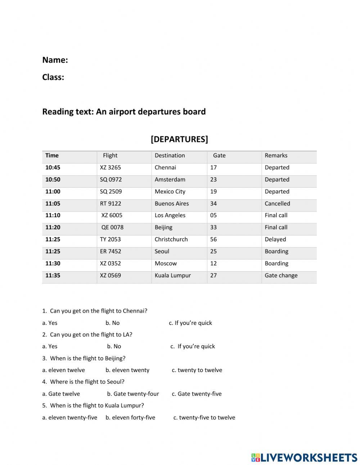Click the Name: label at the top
coord(55,60)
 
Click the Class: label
coord(53,77)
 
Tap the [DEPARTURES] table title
coord(179,139)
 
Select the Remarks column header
coord(276,156)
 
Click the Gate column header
coord(219,156)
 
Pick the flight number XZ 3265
coord(111,167)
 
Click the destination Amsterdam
coord(170,179)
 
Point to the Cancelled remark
coord(277,204)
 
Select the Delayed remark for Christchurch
coord(275,239)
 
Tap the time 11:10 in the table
coord(53,215)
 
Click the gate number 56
coord(213,239)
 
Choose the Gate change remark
coord(281,276)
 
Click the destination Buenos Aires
coord(172,204)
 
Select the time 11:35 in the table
coord(53,276)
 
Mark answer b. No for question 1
coord(113,323)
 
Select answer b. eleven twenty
coord(127,370)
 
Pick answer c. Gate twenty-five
coord(197,394)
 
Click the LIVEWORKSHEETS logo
coord(304,457)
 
